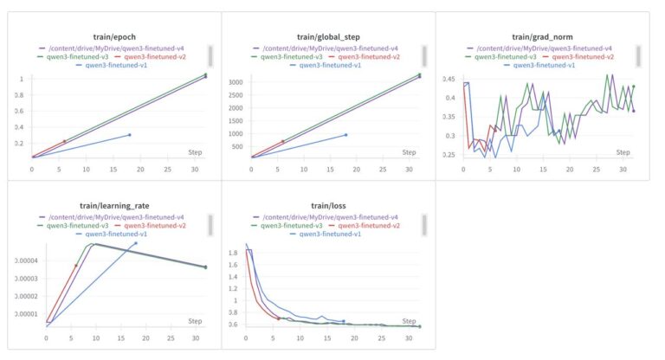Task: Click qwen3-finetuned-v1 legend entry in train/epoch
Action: tap(118, 65)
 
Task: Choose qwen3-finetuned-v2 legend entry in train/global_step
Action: tap(367, 56)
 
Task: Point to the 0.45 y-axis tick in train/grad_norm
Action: tap(448, 79)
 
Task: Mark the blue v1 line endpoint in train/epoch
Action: tap(130, 135)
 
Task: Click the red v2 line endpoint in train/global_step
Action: tap(282, 142)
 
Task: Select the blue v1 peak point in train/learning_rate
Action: tap(135, 243)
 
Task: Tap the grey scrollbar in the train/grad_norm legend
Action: tap(638, 56)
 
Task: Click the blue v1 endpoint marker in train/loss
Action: tap(343, 321)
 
